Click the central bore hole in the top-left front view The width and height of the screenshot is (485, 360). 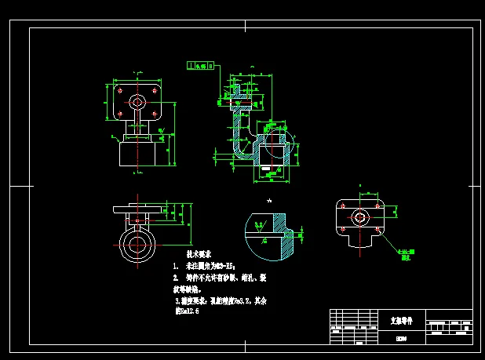(x=137, y=101)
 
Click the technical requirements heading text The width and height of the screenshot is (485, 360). (x=199, y=255)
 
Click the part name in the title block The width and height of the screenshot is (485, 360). (x=401, y=322)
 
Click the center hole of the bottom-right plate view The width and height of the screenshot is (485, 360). (x=360, y=216)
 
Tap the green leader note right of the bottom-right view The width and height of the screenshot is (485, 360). (x=407, y=253)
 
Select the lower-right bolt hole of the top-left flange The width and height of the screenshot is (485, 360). (x=155, y=115)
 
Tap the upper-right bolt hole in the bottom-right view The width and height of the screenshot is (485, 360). (x=377, y=205)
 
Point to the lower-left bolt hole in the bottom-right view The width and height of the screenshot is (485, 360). (x=344, y=228)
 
